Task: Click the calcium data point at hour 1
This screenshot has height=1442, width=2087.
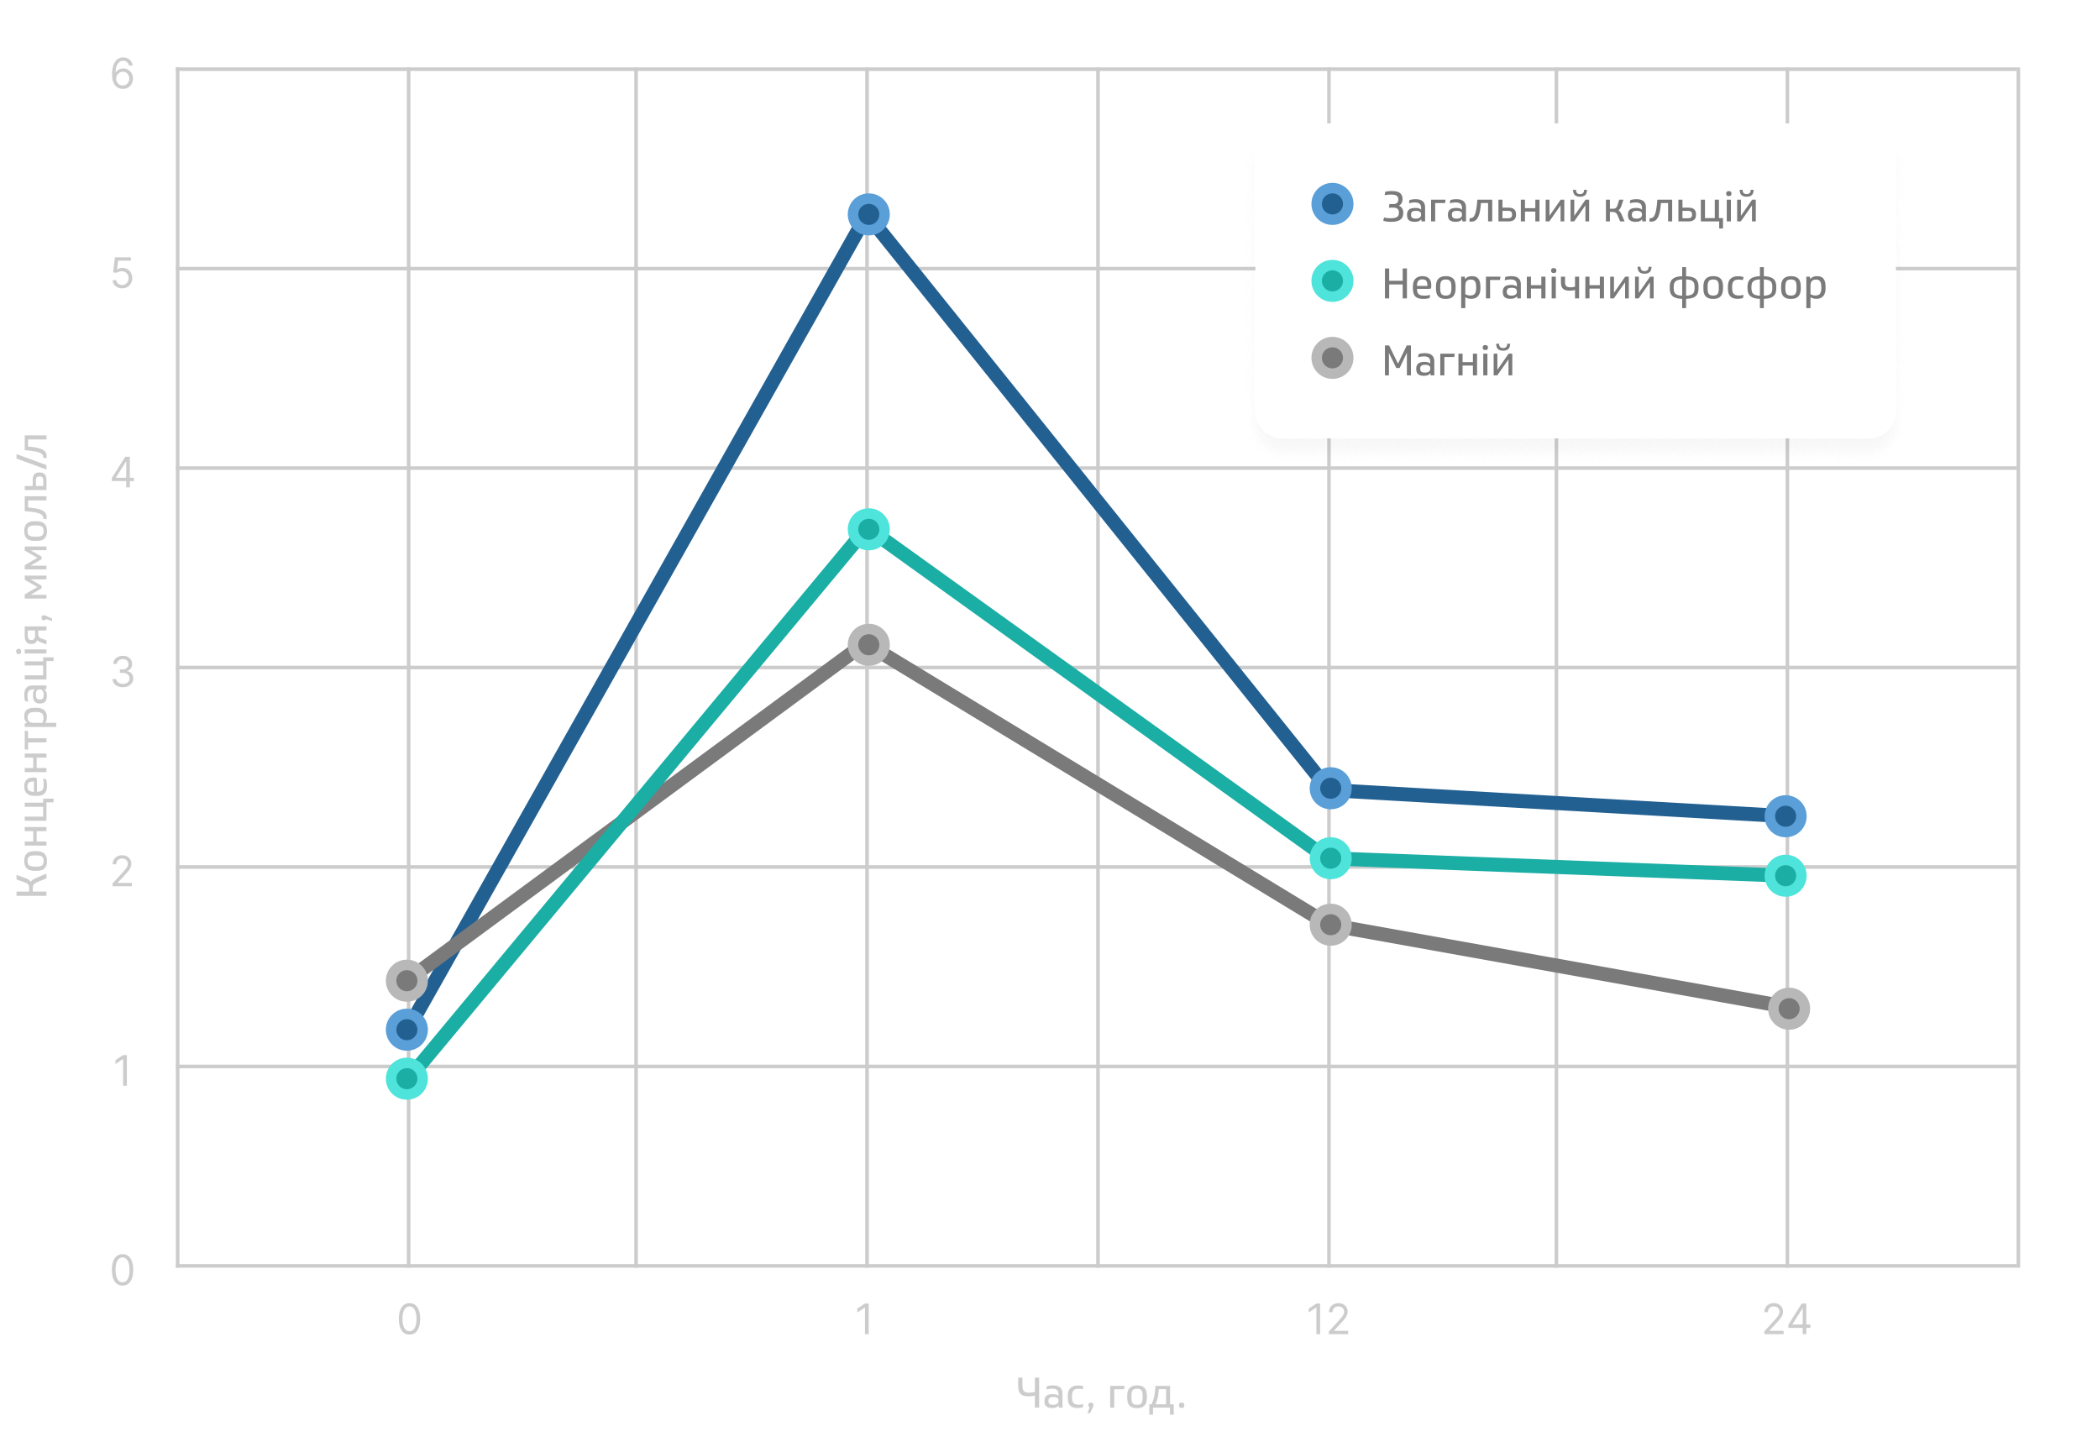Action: tap(868, 215)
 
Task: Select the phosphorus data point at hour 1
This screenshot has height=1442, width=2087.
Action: tap(868, 529)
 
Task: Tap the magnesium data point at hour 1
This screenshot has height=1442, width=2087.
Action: tap(868, 645)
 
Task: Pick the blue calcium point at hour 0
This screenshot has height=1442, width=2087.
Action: tap(406, 1029)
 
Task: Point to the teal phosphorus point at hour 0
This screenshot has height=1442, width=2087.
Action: tap(406, 1079)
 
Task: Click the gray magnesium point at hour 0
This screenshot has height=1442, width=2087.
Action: tap(406, 980)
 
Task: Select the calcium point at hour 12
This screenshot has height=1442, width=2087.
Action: tap(1330, 789)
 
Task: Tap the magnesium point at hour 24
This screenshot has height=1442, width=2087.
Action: tap(1788, 1009)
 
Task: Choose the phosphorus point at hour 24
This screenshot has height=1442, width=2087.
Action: tap(1785, 875)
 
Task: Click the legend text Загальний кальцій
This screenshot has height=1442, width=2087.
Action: tap(1570, 207)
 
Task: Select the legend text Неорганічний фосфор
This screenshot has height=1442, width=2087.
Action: tap(1603, 284)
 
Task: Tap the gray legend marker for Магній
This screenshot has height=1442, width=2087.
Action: tap(1332, 359)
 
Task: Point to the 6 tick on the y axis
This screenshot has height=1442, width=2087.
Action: tap(122, 74)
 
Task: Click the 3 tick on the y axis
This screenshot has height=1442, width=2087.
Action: tap(122, 672)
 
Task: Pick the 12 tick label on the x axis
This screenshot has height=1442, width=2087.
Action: tap(1328, 1321)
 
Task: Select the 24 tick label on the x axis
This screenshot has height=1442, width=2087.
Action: tap(1786, 1321)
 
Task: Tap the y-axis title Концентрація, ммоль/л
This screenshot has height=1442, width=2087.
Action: tap(34, 666)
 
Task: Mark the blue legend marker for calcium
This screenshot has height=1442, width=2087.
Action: tap(1332, 204)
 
